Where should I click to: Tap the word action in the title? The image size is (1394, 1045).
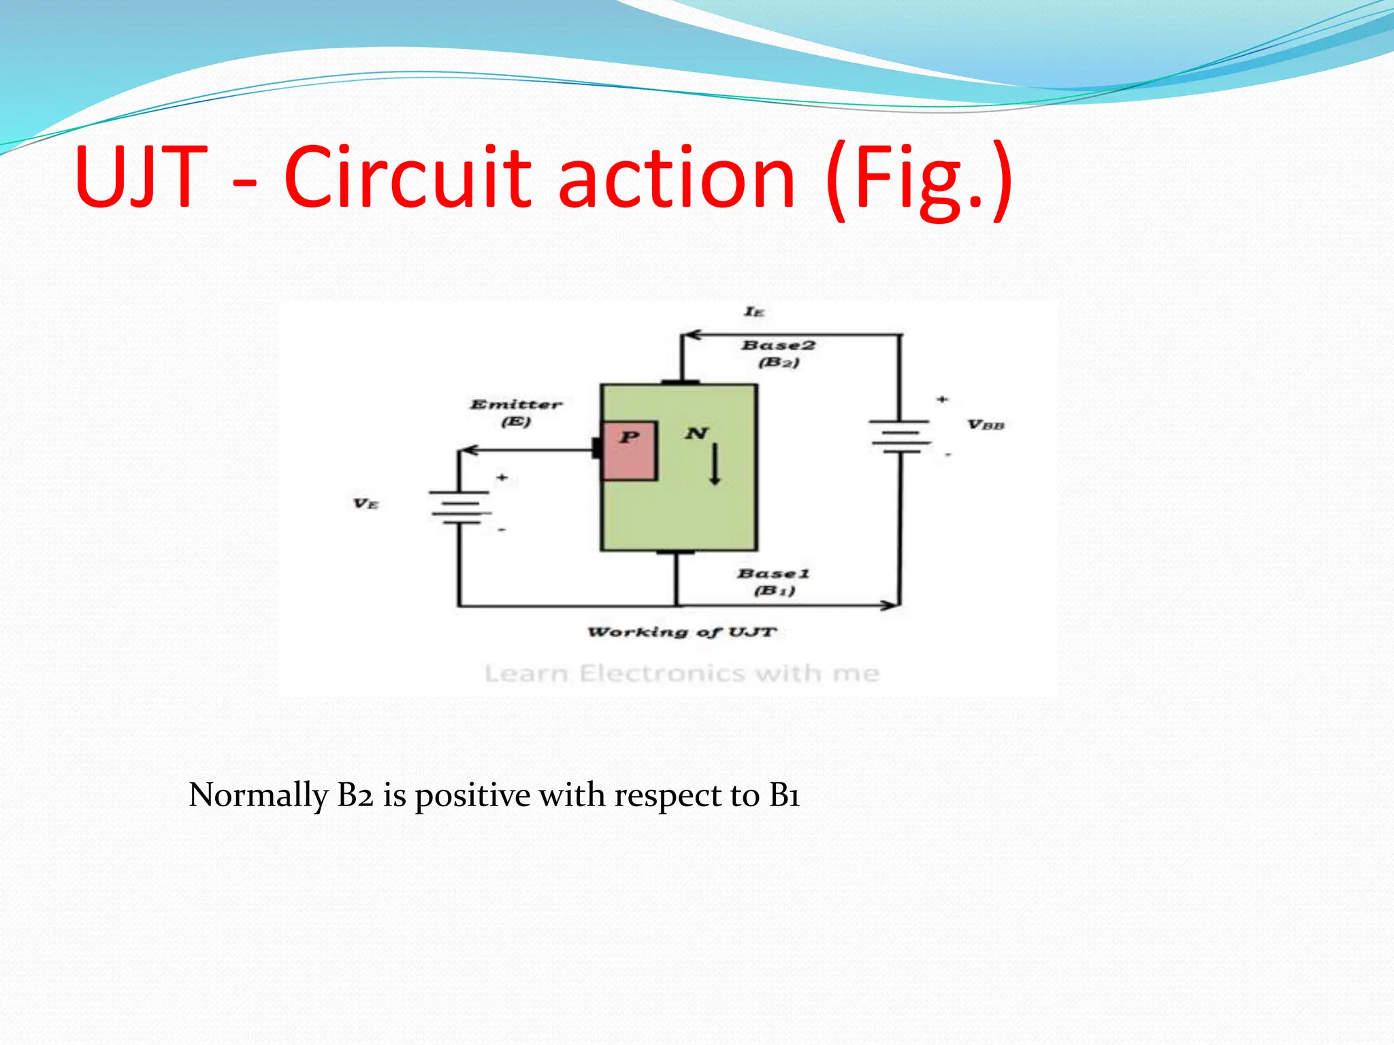click(x=677, y=178)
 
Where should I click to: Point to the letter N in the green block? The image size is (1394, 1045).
click(x=696, y=433)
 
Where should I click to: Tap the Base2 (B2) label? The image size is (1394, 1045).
click(x=779, y=353)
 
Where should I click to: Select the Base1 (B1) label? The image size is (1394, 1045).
click(x=774, y=582)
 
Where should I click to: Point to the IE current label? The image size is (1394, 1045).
click(x=754, y=312)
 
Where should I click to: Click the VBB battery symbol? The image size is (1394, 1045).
click(x=900, y=436)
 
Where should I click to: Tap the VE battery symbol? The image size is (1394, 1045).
click(x=459, y=507)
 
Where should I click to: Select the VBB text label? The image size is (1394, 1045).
click(x=986, y=425)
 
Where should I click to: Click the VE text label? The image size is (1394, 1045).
click(x=366, y=504)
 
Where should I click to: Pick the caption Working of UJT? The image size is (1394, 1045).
click(x=681, y=632)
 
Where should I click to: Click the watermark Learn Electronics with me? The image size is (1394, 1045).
click(x=682, y=674)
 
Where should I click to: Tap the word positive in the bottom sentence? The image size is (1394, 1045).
click(x=472, y=795)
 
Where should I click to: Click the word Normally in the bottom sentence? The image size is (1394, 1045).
click(x=259, y=795)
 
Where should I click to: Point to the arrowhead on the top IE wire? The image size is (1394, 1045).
click(x=691, y=335)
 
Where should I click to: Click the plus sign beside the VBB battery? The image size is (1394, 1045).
click(x=942, y=399)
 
